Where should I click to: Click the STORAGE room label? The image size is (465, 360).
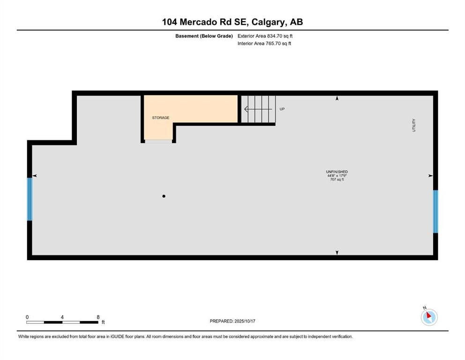point(161,118)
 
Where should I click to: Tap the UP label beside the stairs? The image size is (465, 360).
point(282,109)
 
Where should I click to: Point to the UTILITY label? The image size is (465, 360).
point(413,125)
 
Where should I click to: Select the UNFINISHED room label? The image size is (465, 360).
point(337,172)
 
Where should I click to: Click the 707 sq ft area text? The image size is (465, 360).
point(337,180)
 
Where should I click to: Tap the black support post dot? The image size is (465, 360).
point(164,196)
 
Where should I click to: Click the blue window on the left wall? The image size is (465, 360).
point(30,199)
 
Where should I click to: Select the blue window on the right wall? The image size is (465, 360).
point(435,211)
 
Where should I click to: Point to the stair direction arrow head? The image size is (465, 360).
point(246,109)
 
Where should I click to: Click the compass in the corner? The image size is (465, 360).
point(429,317)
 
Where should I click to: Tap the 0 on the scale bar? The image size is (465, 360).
point(27,317)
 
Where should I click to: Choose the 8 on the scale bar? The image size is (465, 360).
point(98,317)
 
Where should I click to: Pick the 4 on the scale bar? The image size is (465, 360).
point(62,317)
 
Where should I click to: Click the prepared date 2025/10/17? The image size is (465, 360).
point(244,321)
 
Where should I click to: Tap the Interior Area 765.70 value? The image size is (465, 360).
point(273,43)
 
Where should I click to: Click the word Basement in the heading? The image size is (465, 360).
point(187,36)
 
